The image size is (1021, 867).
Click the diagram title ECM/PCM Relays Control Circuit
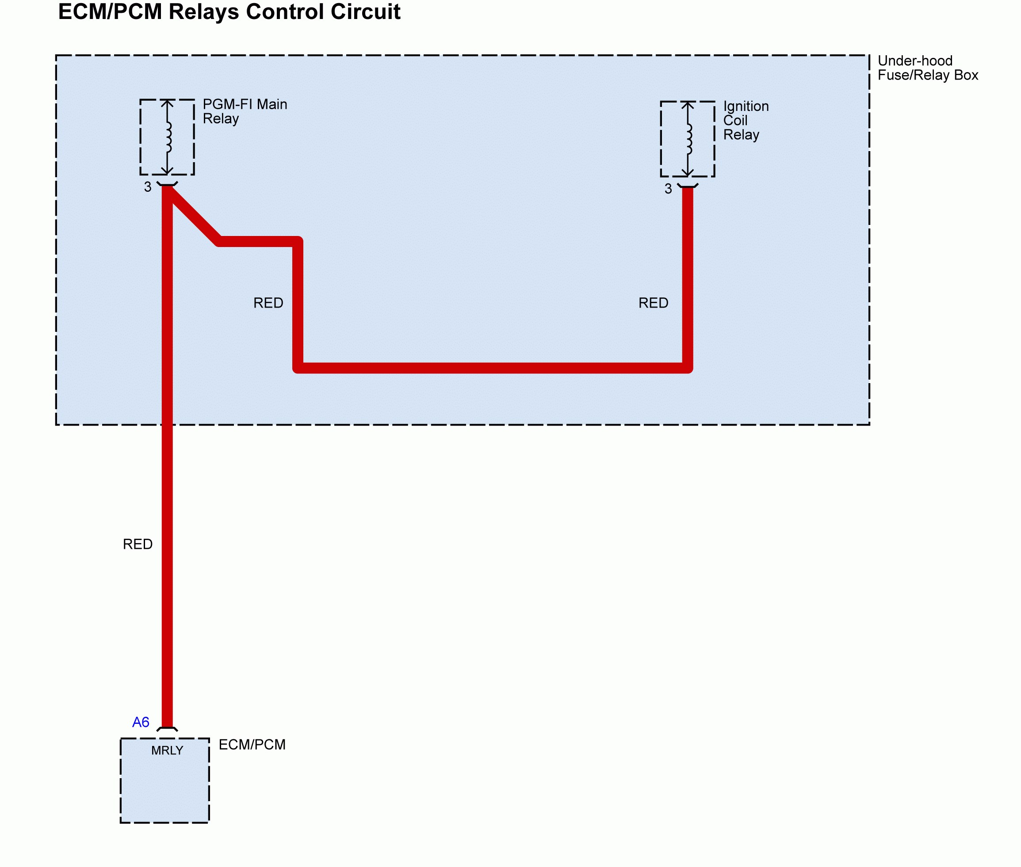[229, 12]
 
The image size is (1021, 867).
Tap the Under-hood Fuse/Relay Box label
[927, 68]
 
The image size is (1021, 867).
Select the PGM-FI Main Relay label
[245, 111]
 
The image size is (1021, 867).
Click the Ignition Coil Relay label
[745, 120]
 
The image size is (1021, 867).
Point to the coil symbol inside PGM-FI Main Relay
[168, 137]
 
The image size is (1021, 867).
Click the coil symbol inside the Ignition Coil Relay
[688, 139]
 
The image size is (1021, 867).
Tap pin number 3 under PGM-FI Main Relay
[148, 187]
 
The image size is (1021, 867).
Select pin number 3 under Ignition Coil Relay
[668, 189]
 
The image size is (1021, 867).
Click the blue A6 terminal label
[141, 722]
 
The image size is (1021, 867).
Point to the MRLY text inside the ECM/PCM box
[167, 750]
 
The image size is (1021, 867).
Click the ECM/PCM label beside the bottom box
[252, 745]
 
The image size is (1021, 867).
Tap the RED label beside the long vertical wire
[138, 544]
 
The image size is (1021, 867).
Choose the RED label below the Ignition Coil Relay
[653, 303]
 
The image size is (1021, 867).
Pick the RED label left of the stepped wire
[268, 303]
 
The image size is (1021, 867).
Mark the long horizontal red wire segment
[492, 368]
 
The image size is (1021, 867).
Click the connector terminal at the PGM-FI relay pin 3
[167, 184]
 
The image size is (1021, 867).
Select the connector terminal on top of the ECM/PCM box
[167, 730]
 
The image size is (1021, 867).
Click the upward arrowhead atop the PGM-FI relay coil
[167, 103]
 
